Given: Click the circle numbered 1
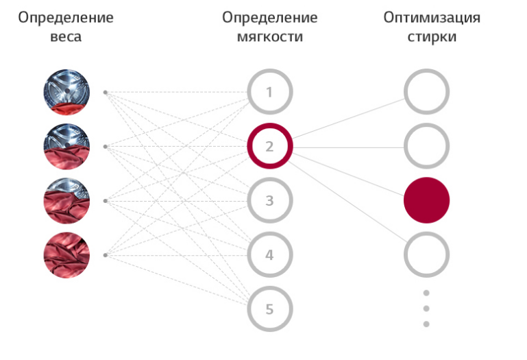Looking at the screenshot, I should (x=270, y=91).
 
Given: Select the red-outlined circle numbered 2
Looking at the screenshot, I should (x=270, y=146).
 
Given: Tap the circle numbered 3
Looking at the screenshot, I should (x=270, y=201).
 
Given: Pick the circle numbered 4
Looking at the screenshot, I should (x=270, y=255).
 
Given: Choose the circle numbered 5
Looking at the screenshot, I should (x=270, y=309).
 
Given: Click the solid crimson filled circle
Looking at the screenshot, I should (x=426, y=200).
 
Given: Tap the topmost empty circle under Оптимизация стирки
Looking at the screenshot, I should (x=426, y=91).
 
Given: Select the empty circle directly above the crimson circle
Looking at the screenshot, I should (x=426, y=146).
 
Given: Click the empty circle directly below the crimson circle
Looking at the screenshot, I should (x=426, y=255).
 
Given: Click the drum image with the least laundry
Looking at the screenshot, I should (x=66, y=91).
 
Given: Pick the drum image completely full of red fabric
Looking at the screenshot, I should (x=66, y=255).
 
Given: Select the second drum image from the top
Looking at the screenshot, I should (x=66, y=146).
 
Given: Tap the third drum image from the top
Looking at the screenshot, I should (x=66, y=201).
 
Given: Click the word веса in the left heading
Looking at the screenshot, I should (x=66, y=36).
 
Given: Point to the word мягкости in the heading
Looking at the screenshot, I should (x=270, y=36).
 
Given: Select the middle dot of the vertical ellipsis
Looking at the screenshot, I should (x=426, y=309).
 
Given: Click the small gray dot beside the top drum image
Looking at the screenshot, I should (x=105, y=91).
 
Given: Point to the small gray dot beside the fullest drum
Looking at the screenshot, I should (x=105, y=255).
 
